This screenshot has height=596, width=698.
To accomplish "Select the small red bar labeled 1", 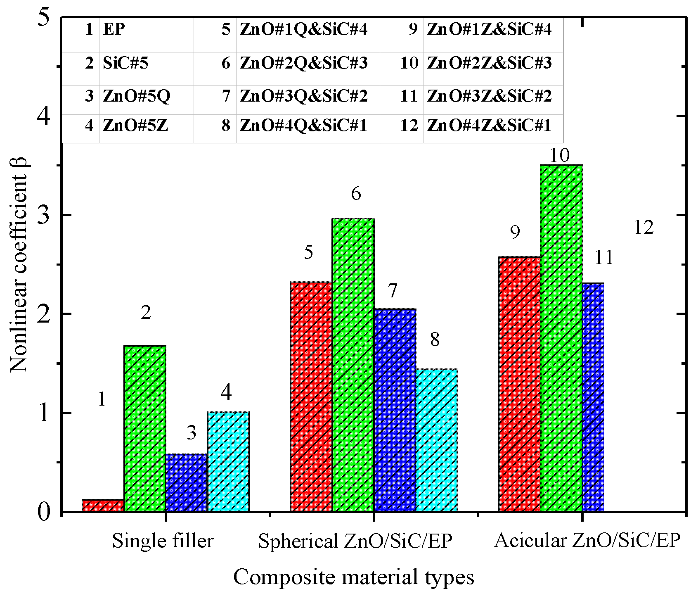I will [103, 506].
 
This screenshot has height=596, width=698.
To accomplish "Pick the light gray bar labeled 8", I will [436, 440].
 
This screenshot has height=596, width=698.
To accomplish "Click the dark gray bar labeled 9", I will [519, 384].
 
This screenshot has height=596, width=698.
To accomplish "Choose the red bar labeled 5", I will [311, 397].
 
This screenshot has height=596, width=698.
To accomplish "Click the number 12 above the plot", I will [644, 228].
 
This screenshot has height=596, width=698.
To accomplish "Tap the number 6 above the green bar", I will [356, 193].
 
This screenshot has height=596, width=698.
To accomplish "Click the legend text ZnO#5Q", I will [136, 96].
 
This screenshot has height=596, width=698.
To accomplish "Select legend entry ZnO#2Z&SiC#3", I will [489, 63].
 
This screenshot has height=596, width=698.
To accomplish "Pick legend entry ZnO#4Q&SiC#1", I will [303, 125].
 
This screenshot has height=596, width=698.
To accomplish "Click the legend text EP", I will [114, 29].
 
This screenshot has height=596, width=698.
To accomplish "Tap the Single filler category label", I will [163, 541].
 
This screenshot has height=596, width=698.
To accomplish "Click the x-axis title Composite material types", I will [353, 577].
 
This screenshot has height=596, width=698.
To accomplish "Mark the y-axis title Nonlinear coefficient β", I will [19, 264].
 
